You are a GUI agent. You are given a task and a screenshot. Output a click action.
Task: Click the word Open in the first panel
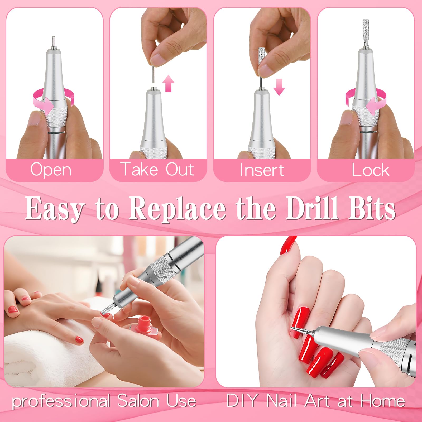pyautogui.click(x=51, y=170)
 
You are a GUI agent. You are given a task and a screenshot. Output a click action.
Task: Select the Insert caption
pyautogui.click(x=262, y=170)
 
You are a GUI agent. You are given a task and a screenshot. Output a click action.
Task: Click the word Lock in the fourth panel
pyautogui.click(x=370, y=170)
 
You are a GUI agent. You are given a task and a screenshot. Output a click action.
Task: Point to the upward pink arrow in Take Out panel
pyautogui.click(x=168, y=83)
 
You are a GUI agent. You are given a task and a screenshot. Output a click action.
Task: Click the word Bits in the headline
pyautogui.click(x=372, y=208)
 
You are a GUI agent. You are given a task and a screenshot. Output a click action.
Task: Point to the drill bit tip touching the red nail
pyautogui.click(x=292, y=328)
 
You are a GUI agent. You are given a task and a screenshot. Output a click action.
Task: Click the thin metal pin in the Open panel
pyautogui.click(x=54, y=42)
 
